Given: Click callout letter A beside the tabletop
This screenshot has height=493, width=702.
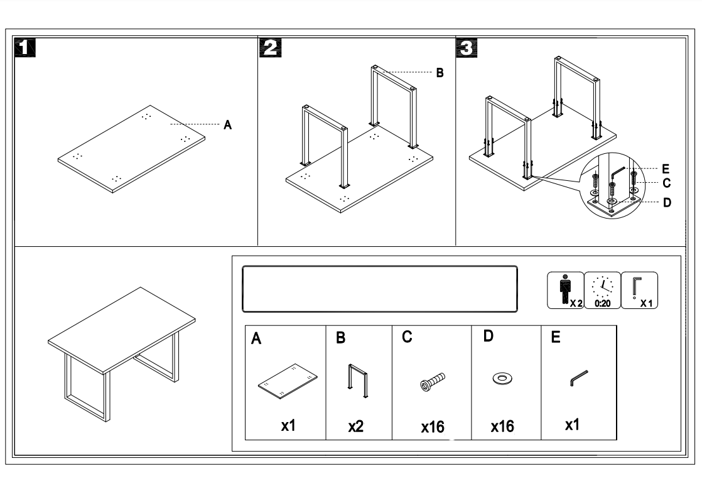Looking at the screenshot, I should point(228,126).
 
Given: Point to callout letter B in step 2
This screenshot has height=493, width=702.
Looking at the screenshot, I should point(440,73).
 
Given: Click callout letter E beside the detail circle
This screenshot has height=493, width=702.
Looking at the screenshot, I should point(666,169).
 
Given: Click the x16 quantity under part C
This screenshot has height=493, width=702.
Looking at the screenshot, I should point(433,428).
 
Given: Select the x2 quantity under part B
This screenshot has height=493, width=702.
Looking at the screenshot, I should point(356,427).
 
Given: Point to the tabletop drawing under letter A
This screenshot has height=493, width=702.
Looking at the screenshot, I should point(288,381).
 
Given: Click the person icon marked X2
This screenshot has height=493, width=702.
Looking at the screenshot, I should point(566,290).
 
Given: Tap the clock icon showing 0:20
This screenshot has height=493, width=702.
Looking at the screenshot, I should point(602,290).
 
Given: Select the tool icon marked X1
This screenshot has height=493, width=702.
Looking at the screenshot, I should point(639,290).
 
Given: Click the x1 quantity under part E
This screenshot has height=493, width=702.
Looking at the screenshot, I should point(571,425).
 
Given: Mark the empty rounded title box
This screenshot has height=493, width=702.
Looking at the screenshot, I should point(380,289).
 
